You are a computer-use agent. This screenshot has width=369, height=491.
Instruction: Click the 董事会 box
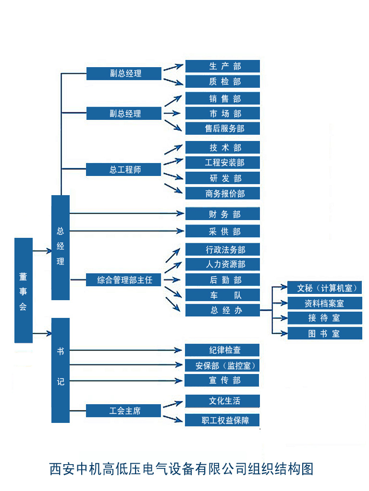point(24,290)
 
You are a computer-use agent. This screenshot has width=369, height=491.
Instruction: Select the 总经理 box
point(61,247)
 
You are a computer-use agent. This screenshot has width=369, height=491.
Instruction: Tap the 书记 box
point(61,369)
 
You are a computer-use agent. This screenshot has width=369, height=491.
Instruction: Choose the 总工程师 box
point(124,170)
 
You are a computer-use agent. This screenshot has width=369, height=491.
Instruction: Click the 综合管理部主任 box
point(124,280)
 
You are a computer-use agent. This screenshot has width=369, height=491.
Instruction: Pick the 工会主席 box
point(124,411)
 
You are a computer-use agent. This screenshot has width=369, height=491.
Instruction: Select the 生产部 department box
point(222,66)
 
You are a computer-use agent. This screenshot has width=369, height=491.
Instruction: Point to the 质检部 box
point(222,82)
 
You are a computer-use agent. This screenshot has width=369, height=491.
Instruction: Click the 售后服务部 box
point(222,129)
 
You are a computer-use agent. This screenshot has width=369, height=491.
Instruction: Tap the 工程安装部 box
point(222,163)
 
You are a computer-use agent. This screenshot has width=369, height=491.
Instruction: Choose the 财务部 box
point(222,214)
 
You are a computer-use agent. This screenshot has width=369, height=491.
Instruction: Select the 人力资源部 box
point(222,264)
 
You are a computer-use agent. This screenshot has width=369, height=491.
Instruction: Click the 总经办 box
point(222,310)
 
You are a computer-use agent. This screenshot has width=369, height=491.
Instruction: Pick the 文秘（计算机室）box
point(325,288)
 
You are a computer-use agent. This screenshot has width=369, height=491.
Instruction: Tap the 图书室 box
point(325,333)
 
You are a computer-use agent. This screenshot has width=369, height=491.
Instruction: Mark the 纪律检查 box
point(222,350)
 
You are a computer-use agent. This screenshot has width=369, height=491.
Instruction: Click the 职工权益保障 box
point(222,421)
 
